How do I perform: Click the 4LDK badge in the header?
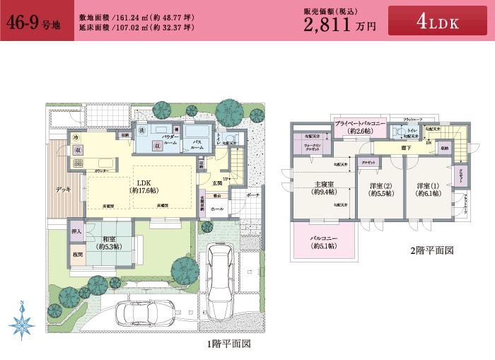(x=438, y=22)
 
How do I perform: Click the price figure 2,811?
(x=329, y=25)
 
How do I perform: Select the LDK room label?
(x=143, y=182)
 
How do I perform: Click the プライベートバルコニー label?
(x=360, y=124)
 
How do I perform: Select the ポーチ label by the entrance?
(x=252, y=194)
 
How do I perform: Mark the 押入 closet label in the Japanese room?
(x=76, y=231)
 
